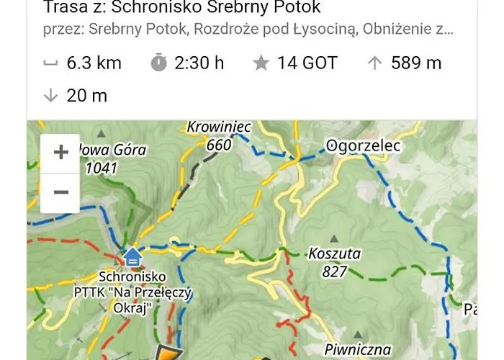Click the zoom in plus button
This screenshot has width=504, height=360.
60,153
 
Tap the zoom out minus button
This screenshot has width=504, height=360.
60,192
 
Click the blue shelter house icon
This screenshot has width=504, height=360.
132,256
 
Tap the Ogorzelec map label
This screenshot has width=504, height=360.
362,146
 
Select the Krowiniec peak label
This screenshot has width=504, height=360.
218,127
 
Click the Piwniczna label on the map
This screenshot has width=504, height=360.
357,350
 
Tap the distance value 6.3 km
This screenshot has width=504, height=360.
94,63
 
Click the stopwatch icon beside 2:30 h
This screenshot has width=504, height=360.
158,63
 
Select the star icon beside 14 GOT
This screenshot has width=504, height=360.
261,63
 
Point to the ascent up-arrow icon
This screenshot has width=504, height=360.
374,63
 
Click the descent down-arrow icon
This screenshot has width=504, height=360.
50,95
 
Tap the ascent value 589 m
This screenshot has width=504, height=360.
416,63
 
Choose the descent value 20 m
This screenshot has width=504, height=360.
86,95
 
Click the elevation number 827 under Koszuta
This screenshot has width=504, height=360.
335,271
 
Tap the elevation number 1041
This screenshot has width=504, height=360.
102,168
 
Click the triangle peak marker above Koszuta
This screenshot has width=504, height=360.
333,238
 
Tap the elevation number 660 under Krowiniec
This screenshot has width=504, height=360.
219,145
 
